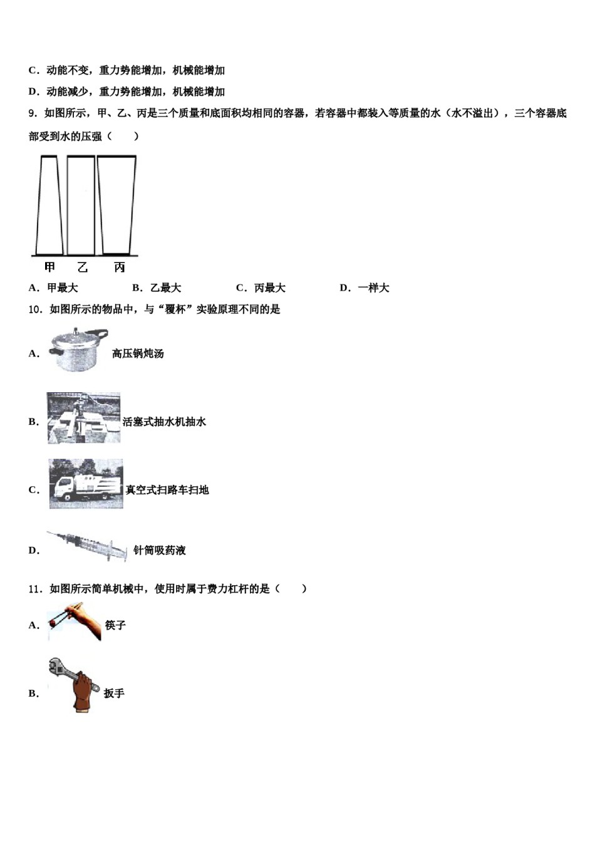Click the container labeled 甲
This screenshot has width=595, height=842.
pyautogui.click(x=49, y=205)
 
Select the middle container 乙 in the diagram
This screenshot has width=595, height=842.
pyautogui.click(x=81, y=205)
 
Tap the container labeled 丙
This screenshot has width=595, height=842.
pyautogui.click(x=117, y=205)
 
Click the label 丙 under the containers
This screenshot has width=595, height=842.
pyautogui.click(x=119, y=268)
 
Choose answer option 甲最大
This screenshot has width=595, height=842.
pyautogui.click(x=62, y=288)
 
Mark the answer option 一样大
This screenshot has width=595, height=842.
pyautogui.click(x=373, y=288)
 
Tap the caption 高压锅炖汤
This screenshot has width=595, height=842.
pyautogui.click(x=138, y=354)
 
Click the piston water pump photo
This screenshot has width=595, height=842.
pyautogui.click(x=83, y=418)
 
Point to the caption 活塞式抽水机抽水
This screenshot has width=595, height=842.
pyautogui.click(x=164, y=422)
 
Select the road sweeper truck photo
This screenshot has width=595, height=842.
pyautogui.click(x=86, y=484)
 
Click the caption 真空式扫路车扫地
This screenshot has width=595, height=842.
pyautogui.click(x=167, y=490)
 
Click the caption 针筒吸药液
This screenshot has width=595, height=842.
pyautogui.click(x=160, y=551)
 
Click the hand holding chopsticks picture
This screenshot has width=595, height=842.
pyautogui.click(x=74, y=621)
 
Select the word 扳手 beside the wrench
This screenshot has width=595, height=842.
pyautogui.click(x=114, y=694)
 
